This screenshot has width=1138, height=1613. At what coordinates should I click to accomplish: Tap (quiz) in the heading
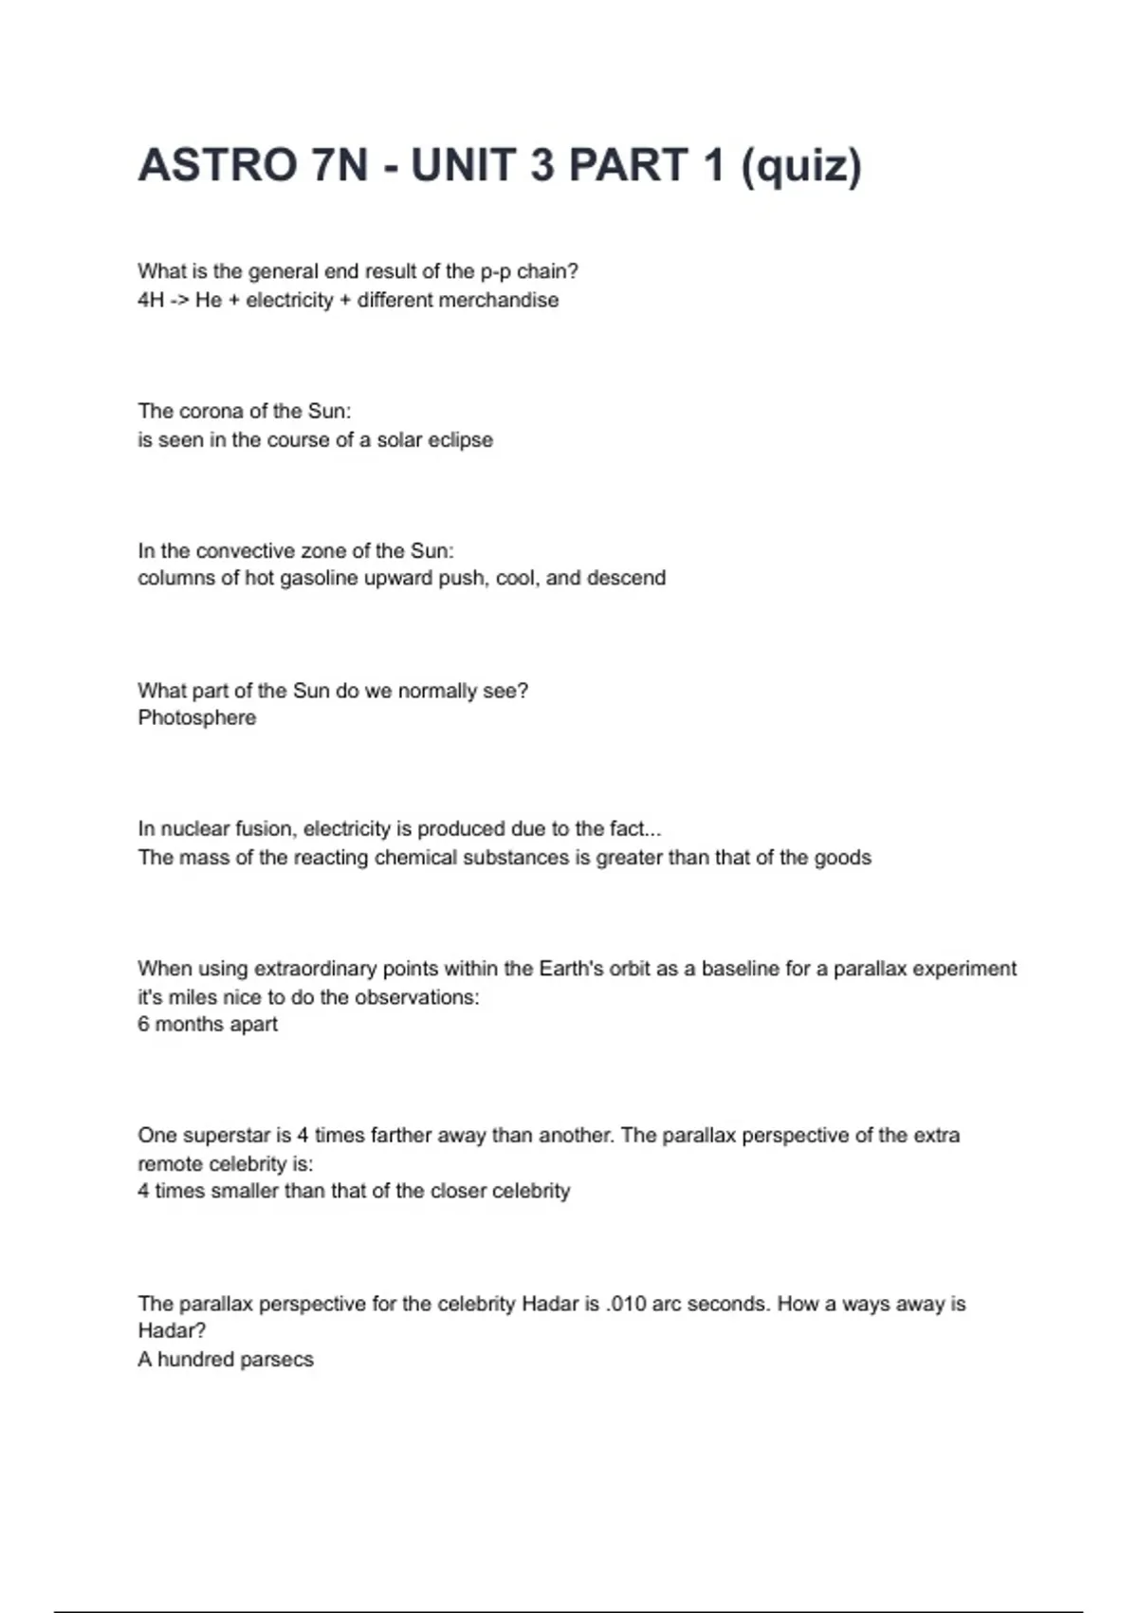tap(801, 165)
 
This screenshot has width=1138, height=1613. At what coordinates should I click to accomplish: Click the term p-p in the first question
tap(496, 271)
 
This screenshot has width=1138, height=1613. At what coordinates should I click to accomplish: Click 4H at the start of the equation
tap(151, 300)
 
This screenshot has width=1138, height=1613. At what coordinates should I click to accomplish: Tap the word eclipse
tap(462, 439)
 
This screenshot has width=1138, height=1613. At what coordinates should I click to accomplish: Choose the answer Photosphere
tap(197, 717)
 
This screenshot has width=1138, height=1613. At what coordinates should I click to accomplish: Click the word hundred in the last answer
tap(194, 1359)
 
